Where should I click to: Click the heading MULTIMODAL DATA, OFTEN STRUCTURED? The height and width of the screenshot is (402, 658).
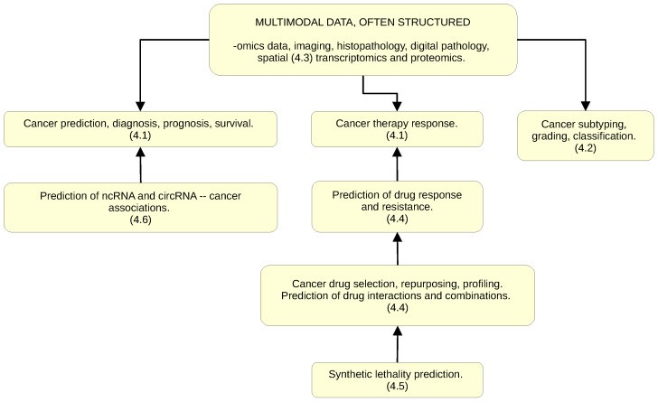362,22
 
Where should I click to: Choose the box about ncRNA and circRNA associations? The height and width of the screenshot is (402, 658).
139,207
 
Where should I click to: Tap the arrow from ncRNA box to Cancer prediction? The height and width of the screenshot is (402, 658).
139,164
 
